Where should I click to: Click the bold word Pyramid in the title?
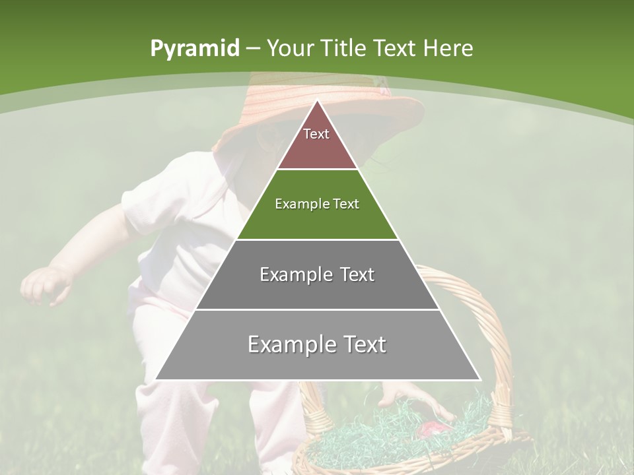[x=194, y=49]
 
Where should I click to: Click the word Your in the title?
[x=290, y=49]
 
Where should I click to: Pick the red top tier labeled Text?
[x=317, y=142]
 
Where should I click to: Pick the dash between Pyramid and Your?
[x=253, y=49]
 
